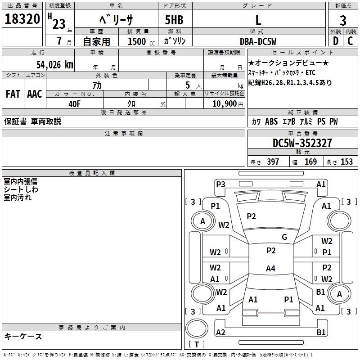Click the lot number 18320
click(22, 20)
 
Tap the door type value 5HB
click(175, 20)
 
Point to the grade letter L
click(258, 20)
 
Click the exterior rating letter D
click(335, 41)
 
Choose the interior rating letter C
click(350, 41)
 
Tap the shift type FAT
click(13, 94)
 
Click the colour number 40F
click(74, 103)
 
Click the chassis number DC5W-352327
click(302, 143)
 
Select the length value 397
click(273, 162)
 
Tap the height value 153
click(346, 162)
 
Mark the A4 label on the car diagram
click(270, 269)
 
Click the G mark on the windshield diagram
click(284, 237)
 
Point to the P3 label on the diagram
click(220, 184)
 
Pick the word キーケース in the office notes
click(23, 336)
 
